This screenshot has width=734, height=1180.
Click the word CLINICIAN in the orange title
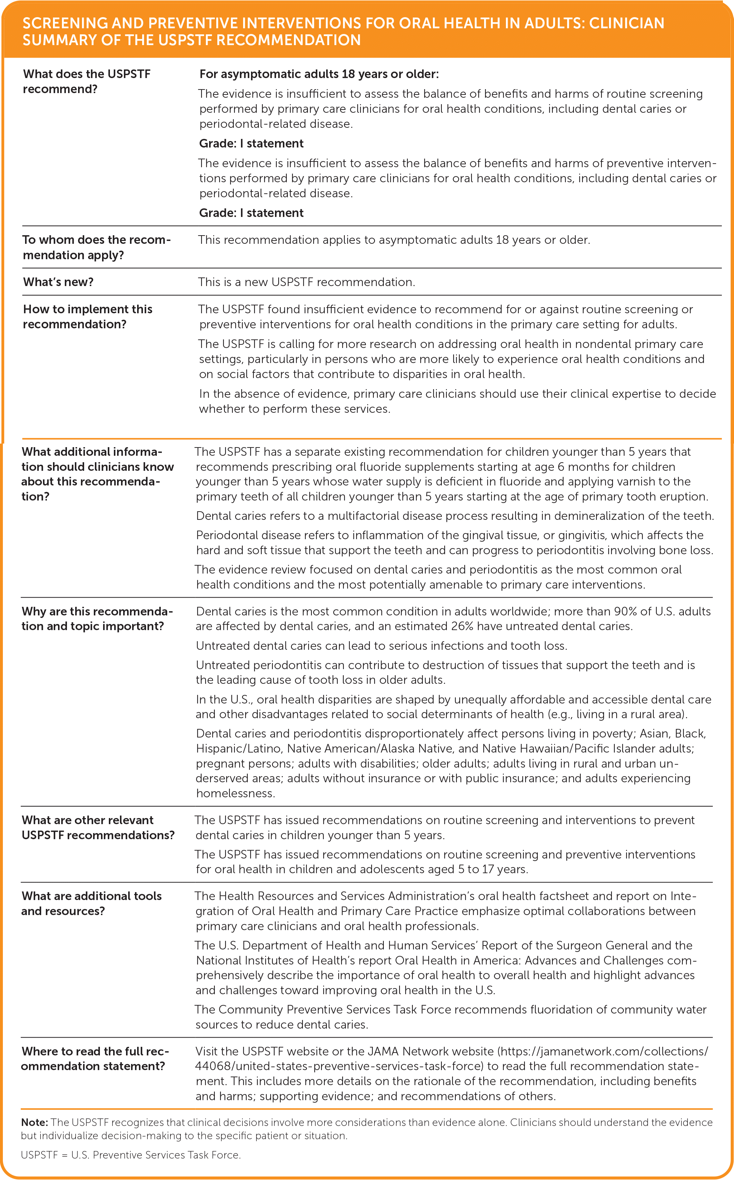coord(626,23)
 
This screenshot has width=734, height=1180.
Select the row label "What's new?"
coord(58,282)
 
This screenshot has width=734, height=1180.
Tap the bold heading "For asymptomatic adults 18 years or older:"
coord(319,74)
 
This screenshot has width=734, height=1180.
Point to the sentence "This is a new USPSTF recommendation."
coord(306,282)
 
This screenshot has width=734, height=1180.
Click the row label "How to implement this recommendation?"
coord(87,316)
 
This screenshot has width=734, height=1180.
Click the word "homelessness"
coord(235,793)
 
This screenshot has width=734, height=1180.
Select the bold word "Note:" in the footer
coord(34,1122)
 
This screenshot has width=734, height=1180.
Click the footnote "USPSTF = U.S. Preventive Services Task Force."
coord(131,1155)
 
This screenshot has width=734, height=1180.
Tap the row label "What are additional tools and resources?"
coord(91,903)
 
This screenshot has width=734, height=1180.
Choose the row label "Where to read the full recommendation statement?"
coord(95,1059)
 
